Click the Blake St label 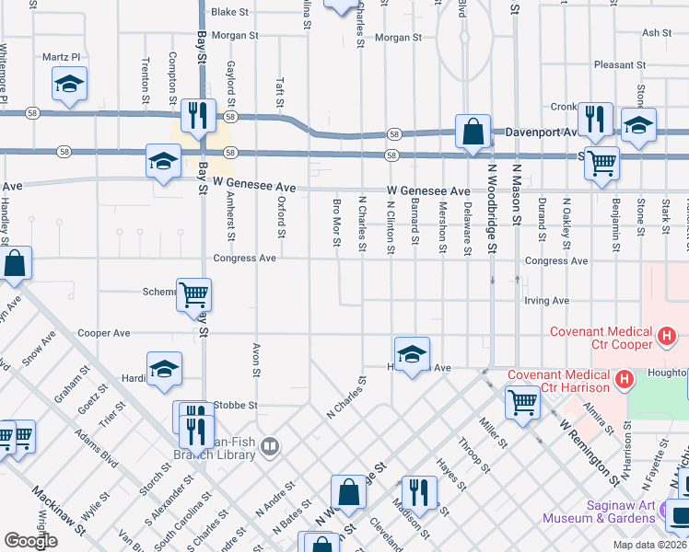(230, 13)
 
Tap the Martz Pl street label (62, 57)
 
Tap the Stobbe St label (235, 405)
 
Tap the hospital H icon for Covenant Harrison (624, 378)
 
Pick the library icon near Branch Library (269, 447)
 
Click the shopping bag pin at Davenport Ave (473, 132)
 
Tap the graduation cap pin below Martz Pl (69, 85)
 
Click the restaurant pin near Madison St (419, 492)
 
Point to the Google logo (30, 541)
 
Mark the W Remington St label (590, 452)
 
